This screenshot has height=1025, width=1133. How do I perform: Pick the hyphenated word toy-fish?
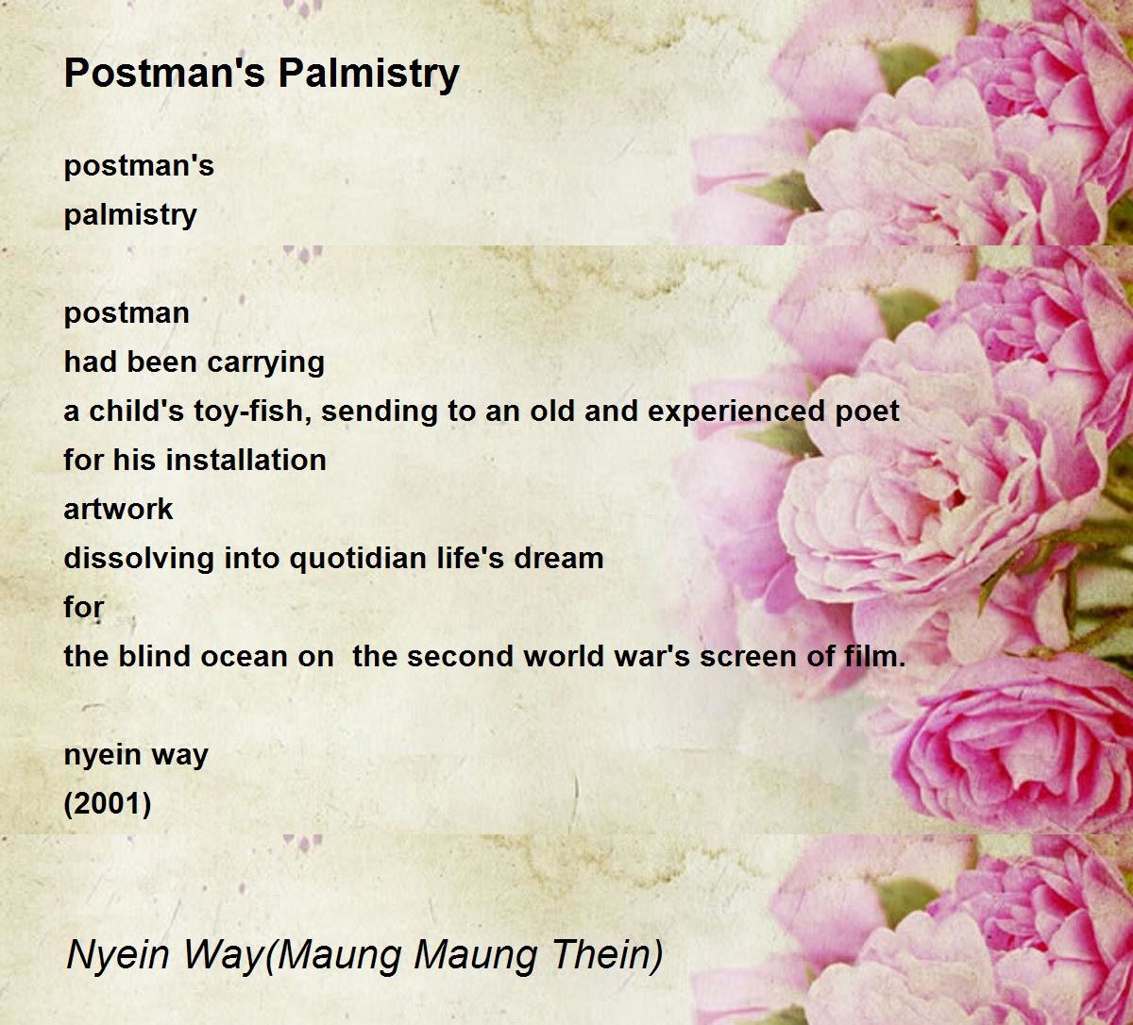253,412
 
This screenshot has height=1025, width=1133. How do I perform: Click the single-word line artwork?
118,510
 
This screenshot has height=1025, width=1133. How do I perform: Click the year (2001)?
108,804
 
